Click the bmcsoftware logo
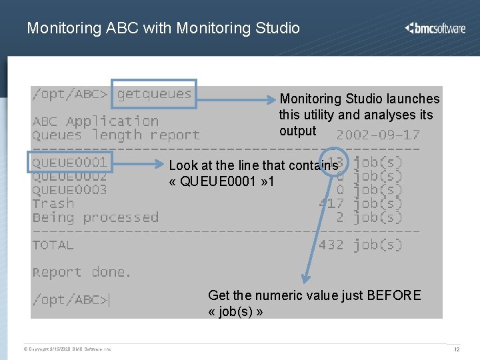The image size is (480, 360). [435, 28]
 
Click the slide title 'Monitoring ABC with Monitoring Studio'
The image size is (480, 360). [163, 28]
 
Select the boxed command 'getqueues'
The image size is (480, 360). [155, 94]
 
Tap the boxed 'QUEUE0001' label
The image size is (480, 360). [69, 162]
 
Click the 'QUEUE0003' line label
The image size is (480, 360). [69, 190]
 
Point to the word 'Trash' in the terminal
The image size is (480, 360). [53, 204]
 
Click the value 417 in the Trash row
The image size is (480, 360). [331, 204]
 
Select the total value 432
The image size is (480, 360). [331, 245]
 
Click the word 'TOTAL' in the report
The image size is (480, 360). [53, 245]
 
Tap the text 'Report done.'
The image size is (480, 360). [82, 272]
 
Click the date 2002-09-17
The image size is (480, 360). [377, 134]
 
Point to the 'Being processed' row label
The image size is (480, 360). [95, 217]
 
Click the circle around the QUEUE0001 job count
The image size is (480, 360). [334, 162]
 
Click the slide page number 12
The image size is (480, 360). [457, 349]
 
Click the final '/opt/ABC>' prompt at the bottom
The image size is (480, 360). [71, 300]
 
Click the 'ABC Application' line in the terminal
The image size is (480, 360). [95, 121]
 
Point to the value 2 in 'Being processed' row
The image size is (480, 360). [340, 217]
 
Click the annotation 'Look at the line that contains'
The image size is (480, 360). [253, 165]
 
